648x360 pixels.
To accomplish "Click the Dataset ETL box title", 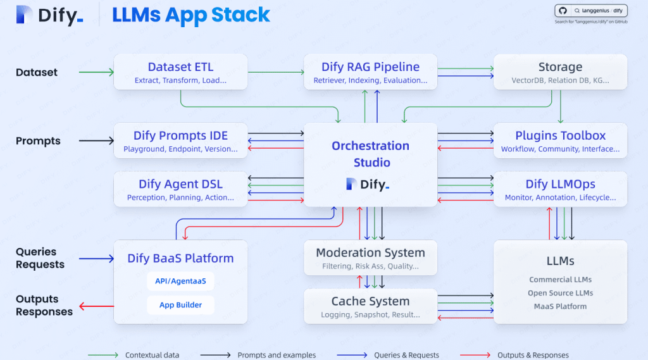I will [x=180, y=67].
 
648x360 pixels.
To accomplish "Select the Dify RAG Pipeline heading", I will [x=370, y=67].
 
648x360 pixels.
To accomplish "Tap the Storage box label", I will [x=560, y=67].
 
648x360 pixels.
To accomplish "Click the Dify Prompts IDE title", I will [x=180, y=135].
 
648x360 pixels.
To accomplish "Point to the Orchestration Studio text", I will [x=371, y=154].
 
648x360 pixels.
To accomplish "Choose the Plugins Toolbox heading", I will [x=560, y=135].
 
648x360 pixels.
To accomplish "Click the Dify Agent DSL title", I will [x=180, y=184].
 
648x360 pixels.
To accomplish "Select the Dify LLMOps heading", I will [x=560, y=184].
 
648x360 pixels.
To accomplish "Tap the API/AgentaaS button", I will [x=180, y=281].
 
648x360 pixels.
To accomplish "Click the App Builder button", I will [x=180, y=305].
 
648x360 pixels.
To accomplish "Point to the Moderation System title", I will [x=370, y=252].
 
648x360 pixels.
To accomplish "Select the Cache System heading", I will [x=370, y=301].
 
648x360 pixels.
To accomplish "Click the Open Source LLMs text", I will [x=560, y=293].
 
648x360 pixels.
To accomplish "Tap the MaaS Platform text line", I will [x=560, y=306].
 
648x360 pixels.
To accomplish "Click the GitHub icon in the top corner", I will [x=562, y=11].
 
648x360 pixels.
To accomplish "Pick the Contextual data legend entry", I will [x=152, y=355].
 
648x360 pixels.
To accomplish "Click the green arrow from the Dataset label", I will [x=95, y=72].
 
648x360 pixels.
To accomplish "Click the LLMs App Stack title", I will [x=191, y=15].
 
